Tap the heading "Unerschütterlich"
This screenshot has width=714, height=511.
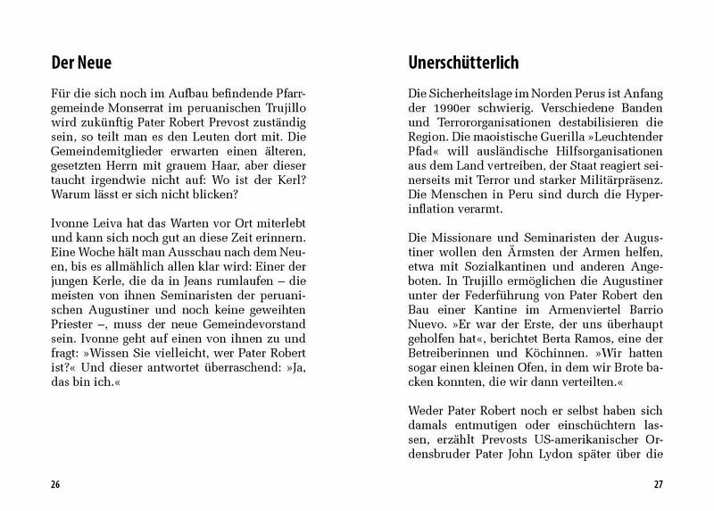click(x=463, y=64)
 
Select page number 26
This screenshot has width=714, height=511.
click(x=55, y=486)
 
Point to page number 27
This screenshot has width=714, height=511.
click(x=658, y=486)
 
